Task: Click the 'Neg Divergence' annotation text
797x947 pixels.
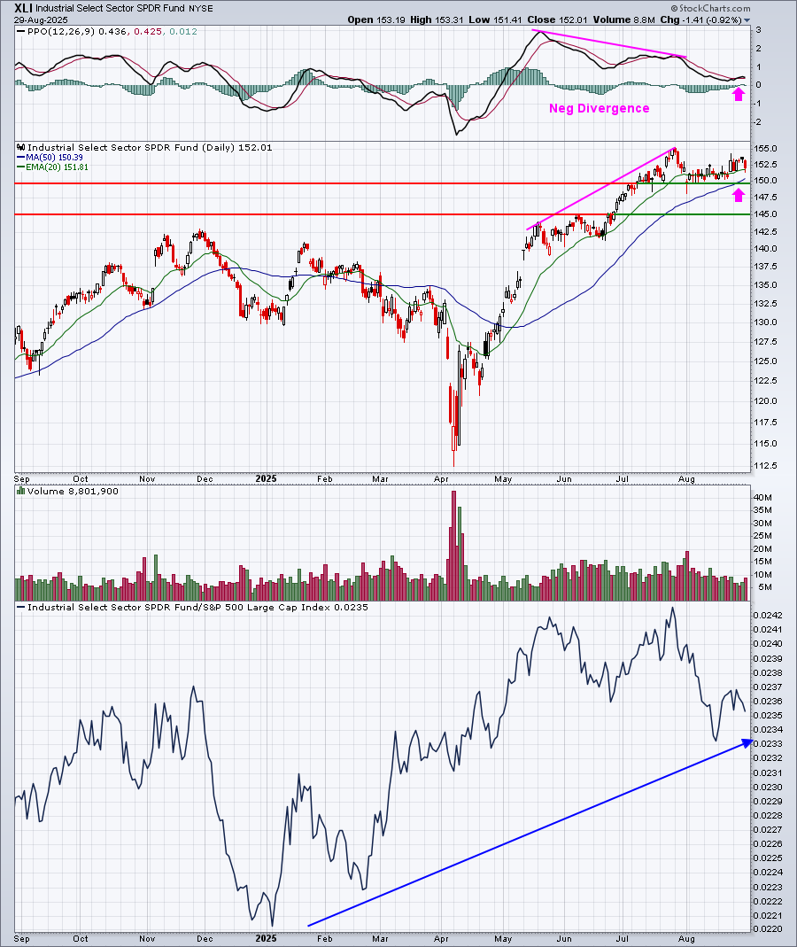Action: click(599, 108)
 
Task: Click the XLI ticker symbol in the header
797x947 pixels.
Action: click(24, 9)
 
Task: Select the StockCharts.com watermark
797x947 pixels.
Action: click(710, 9)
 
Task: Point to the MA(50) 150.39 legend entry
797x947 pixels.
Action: click(54, 157)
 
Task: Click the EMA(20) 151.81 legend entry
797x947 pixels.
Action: click(57, 167)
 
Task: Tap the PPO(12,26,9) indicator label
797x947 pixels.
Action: click(61, 31)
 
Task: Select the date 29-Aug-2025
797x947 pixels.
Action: click(41, 19)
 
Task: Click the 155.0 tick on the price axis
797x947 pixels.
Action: click(766, 149)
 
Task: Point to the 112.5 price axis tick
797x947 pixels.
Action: click(766, 466)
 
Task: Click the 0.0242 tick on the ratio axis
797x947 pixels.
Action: click(767, 616)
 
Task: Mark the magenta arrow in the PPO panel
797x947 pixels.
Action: click(739, 94)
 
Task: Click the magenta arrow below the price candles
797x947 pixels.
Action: click(739, 195)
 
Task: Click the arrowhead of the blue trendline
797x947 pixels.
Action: click(748, 742)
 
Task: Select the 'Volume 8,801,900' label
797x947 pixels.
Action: click(73, 492)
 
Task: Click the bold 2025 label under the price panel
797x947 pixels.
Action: click(266, 479)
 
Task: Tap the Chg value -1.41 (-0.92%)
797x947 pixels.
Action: click(713, 19)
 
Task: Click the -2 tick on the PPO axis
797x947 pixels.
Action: click(758, 122)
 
